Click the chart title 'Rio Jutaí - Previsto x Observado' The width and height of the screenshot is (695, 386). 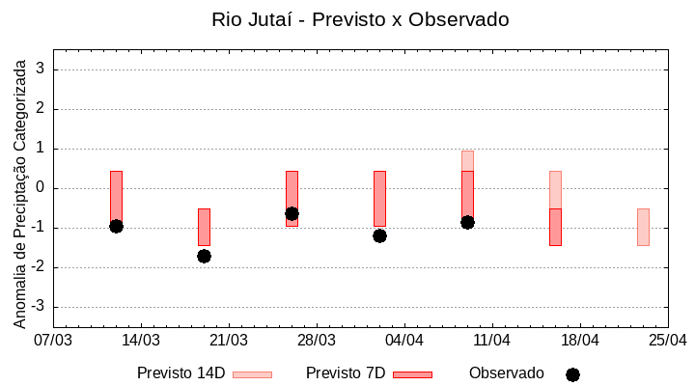(360, 19)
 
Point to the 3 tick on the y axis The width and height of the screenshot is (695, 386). (42, 69)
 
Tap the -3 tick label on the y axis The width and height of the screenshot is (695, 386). (39, 307)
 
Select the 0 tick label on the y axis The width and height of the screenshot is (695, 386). (42, 188)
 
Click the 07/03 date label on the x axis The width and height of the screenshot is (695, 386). (53, 341)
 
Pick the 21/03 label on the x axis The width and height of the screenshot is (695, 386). (229, 341)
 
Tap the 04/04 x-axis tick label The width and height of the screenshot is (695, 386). (404, 341)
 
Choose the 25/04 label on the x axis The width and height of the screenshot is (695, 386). (667, 341)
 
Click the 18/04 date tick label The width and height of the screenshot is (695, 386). (580, 341)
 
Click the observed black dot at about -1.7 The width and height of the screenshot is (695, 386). (204, 256)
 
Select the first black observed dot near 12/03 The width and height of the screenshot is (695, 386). (116, 226)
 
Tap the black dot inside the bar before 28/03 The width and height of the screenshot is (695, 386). (292, 213)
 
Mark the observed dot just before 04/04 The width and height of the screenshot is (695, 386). (379, 235)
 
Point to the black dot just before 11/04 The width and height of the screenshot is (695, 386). (467, 222)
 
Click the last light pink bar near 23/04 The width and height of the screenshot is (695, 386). (643, 227)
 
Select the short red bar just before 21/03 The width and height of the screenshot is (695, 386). (204, 227)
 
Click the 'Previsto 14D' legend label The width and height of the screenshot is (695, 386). (181, 373)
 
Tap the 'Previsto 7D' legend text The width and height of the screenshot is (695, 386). (345, 373)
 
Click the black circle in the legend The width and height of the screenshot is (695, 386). (572, 374)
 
